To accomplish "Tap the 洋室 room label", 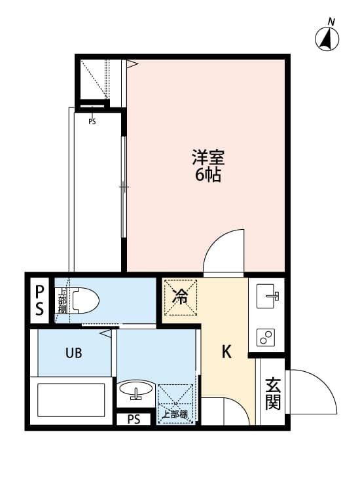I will click(x=208, y=158).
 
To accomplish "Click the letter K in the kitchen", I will click(x=226, y=352).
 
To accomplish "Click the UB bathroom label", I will click(x=73, y=353).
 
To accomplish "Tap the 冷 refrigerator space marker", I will click(x=179, y=297).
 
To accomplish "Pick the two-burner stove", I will click(x=267, y=337).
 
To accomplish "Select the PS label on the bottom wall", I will click(x=134, y=419).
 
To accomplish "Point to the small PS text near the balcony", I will click(x=92, y=121).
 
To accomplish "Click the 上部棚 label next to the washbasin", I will click(x=175, y=414).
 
